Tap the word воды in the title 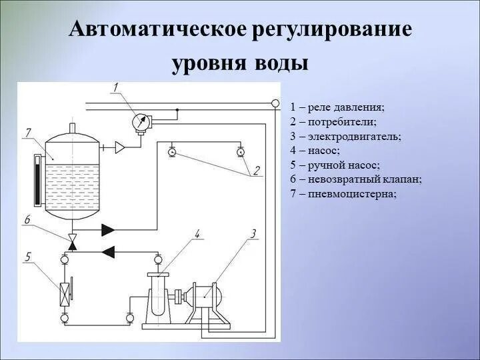coord(279,63)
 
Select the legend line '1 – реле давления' coord(338,107)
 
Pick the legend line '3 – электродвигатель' coord(345,136)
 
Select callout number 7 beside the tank coord(28,133)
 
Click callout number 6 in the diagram coord(27,220)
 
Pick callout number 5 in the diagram coord(28,255)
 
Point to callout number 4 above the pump coord(197,233)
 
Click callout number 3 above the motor coord(253,233)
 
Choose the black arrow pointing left coord(107,251)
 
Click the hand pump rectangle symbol coord(65,293)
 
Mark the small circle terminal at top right coord(275,103)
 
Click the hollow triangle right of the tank coord(120,147)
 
